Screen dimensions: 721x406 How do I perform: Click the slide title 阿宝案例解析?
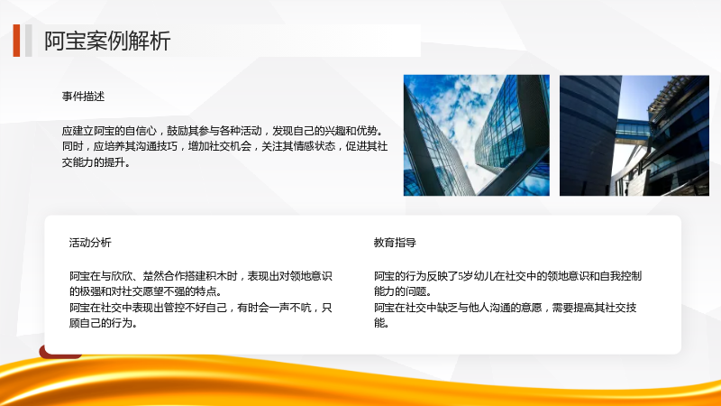pos(107,41)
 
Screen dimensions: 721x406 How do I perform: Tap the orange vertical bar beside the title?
pos(16,41)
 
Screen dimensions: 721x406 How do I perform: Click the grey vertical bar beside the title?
pos(29,41)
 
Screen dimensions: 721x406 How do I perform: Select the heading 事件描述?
pos(83,97)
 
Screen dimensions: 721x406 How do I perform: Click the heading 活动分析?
pos(90,243)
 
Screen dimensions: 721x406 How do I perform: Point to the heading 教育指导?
pos(395,243)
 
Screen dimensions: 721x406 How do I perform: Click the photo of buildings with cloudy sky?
pos(477,135)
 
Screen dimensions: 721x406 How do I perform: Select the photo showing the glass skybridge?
pos(634,135)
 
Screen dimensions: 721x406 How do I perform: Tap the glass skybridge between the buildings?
pos(633,128)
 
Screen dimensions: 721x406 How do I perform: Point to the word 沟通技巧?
pos(156,146)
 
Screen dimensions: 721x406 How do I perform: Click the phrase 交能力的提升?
pos(96,162)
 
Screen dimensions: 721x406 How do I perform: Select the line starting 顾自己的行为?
pos(104,323)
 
